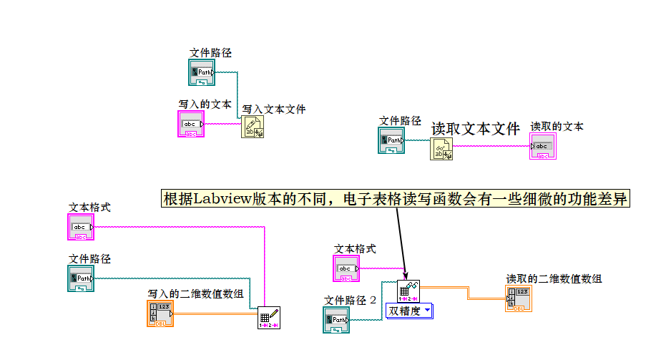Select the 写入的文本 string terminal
point(191,125)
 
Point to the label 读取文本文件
point(475,129)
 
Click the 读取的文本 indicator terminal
point(543,147)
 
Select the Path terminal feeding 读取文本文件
point(391,141)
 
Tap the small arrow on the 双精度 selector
point(427,311)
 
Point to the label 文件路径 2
point(350,300)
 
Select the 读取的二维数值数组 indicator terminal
point(518,299)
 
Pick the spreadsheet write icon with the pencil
point(268,317)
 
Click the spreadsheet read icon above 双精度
point(408,291)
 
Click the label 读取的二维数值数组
point(554,279)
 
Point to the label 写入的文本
point(205,104)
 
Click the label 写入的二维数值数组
point(195,293)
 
